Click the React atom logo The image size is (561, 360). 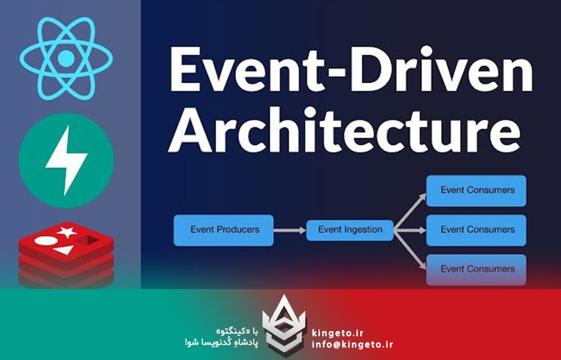tap(65, 58)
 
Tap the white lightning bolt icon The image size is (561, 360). tap(66, 159)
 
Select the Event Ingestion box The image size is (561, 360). tap(349, 230)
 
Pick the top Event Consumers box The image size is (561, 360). tap(476, 190)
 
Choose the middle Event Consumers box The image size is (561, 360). tap(476, 230)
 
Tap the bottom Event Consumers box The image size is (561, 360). tap(476, 269)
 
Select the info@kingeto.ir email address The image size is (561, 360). tap(352, 345)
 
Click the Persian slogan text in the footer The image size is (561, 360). tap(221, 337)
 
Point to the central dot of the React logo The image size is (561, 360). tap(65, 59)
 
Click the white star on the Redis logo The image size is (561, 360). tap(67, 232)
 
